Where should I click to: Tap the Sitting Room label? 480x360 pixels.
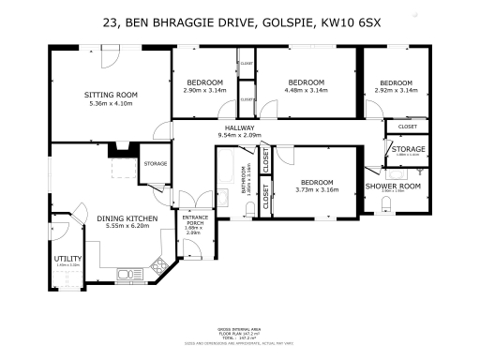pyautogui.click(x=111, y=95)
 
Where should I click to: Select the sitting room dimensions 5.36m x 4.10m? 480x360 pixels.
pyautogui.click(x=111, y=103)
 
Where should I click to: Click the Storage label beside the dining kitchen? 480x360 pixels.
pyautogui.click(x=156, y=164)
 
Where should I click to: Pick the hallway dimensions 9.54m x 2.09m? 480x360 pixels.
pyautogui.click(x=241, y=136)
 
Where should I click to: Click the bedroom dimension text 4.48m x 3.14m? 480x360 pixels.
pyautogui.click(x=307, y=90)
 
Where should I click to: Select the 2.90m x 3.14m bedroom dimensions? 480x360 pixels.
pyautogui.click(x=203, y=90)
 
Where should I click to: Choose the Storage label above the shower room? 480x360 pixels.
pyautogui.click(x=408, y=149)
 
